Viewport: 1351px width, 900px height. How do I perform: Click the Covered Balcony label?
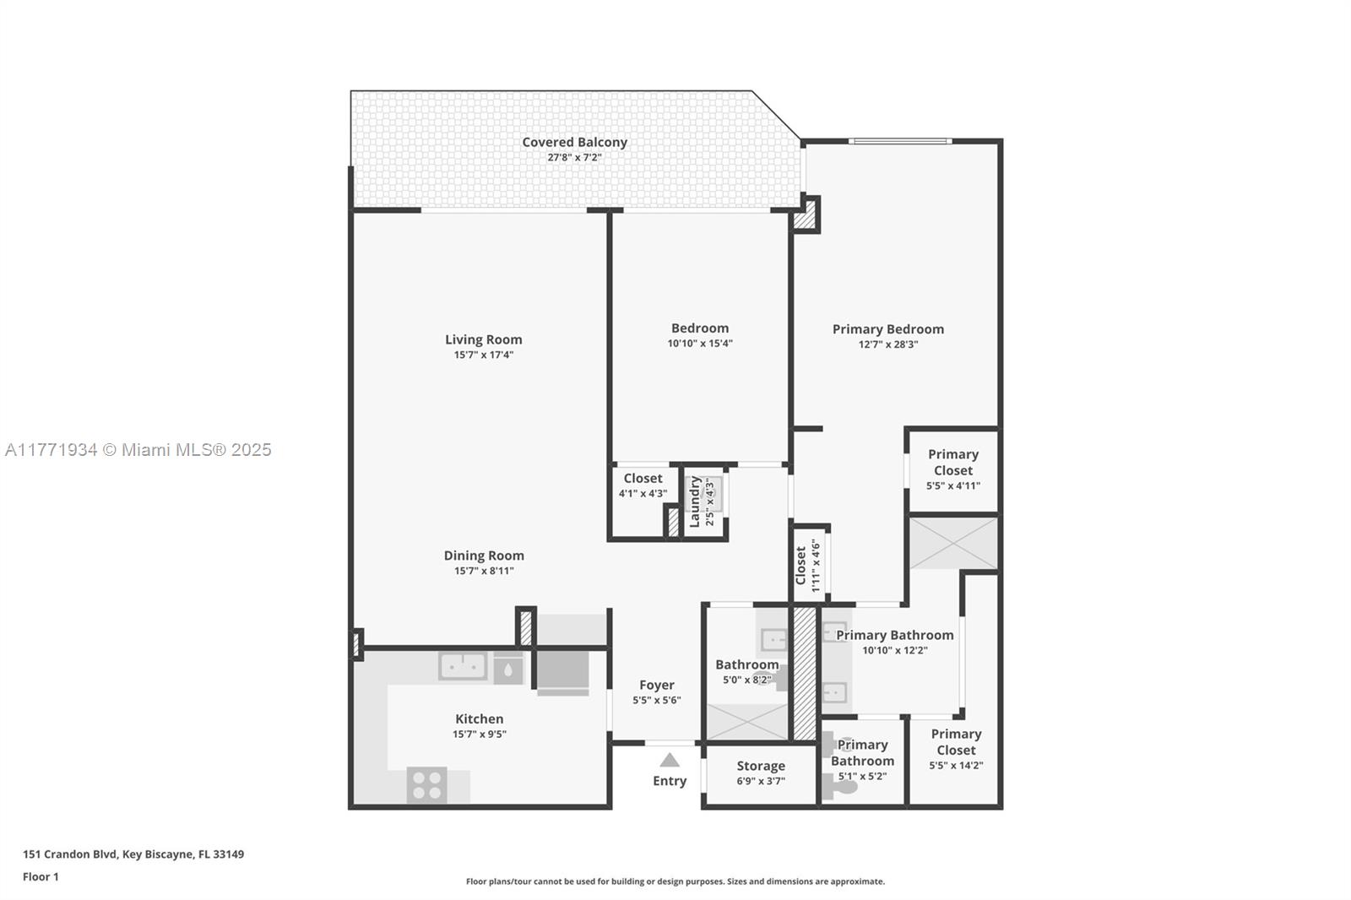[x=574, y=142]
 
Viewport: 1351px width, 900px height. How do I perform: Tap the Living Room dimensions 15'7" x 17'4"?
[x=484, y=355]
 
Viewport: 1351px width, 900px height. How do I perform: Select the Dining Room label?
[x=484, y=556]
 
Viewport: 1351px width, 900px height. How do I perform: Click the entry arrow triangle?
[x=670, y=760]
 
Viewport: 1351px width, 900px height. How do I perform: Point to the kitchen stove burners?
[x=427, y=785]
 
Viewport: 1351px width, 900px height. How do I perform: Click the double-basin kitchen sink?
[x=463, y=666]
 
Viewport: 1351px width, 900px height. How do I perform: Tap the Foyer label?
[x=657, y=686]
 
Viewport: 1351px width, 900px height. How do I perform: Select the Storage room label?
[x=761, y=766]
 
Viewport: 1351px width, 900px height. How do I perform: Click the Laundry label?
[x=695, y=502]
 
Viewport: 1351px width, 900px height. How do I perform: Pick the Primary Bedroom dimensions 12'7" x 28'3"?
[x=888, y=344]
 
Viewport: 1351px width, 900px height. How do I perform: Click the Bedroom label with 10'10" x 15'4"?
[x=700, y=328]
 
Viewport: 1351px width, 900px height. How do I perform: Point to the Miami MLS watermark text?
[x=138, y=449]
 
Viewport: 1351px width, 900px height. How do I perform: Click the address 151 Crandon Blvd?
[x=69, y=854]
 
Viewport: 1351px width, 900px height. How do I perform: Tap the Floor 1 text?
[x=41, y=876]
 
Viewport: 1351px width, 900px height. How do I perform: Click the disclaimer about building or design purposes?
[x=675, y=881]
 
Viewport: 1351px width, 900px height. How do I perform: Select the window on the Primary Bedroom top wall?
[x=900, y=141]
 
